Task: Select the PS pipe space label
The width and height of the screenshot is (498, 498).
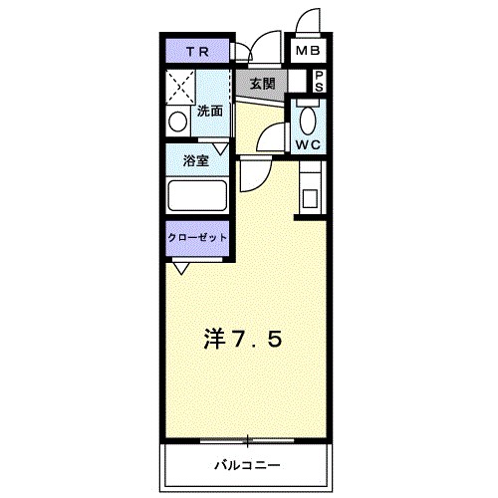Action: (320, 81)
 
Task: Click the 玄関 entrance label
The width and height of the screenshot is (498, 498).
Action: (262, 84)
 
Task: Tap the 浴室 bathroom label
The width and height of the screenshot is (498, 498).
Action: (195, 161)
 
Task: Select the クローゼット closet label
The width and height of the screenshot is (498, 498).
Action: (197, 239)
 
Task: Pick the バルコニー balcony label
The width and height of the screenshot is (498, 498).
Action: (246, 464)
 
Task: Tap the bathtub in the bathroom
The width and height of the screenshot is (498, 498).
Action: (199, 193)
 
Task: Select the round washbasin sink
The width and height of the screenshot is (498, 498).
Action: (178, 123)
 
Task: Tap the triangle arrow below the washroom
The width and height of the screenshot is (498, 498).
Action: (220, 147)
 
